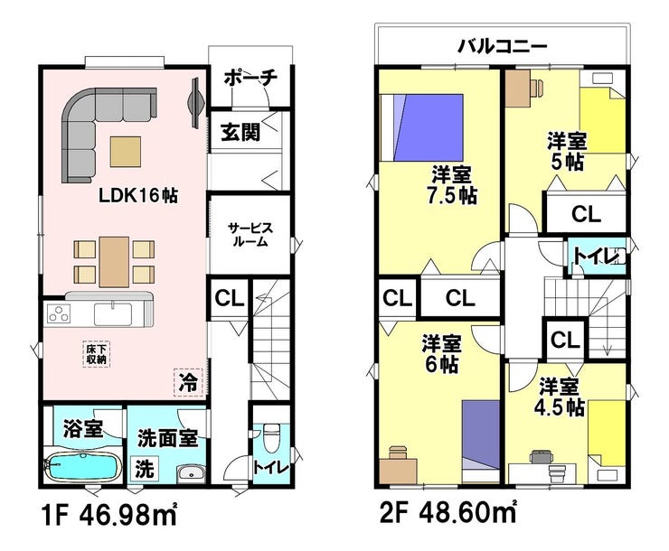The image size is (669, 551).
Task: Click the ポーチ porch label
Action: point(250,78)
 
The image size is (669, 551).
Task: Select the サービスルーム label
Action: point(250,235)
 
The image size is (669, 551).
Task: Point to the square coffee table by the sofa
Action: point(126,151)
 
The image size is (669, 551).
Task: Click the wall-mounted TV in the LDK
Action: point(195,102)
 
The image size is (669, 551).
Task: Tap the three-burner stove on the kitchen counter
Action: point(60,314)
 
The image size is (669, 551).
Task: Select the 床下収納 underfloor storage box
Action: point(97,355)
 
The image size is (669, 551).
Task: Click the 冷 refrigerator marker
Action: point(188,382)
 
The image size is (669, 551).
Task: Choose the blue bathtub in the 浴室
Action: point(83,467)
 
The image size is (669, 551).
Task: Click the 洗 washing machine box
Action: point(145,469)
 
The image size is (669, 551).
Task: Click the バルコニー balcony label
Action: point(502,46)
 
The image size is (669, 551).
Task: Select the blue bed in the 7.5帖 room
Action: point(421,127)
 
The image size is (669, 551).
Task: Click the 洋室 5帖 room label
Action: point(567,151)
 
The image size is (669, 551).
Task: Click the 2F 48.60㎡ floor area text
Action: point(448,513)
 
